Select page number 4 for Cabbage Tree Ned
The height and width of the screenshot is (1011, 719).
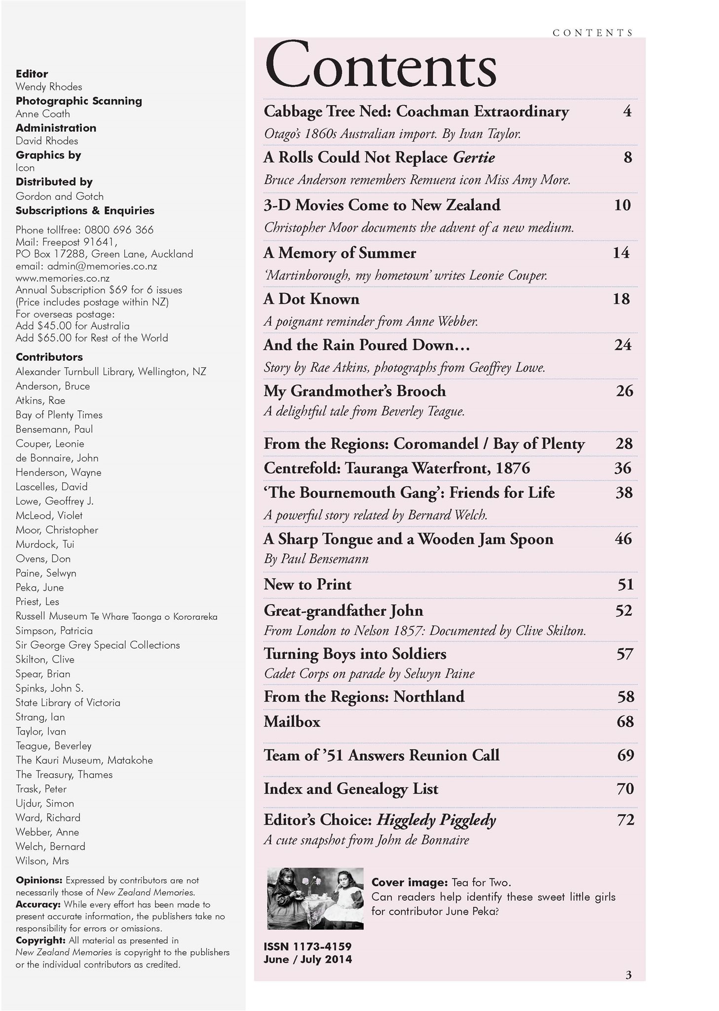(x=627, y=112)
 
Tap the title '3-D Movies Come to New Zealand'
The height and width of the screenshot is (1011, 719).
(x=382, y=205)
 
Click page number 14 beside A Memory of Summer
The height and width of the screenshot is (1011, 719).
(x=621, y=253)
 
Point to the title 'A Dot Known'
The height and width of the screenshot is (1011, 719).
(x=311, y=299)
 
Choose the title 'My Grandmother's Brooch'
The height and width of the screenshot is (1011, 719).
(x=354, y=391)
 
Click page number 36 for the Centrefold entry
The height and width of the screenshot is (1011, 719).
(x=623, y=467)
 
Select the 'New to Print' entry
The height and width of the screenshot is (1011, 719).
(x=307, y=584)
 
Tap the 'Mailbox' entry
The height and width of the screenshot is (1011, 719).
(x=292, y=722)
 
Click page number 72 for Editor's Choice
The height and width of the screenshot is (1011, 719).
(x=625, y=820)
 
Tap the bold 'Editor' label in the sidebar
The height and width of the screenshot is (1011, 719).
(x=32, y=74)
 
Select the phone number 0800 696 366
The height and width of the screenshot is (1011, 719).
(x=119, y=230)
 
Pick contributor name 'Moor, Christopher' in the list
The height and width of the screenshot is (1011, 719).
(x=57, y=530)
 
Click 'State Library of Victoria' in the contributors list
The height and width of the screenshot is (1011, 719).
(x=68, y=702)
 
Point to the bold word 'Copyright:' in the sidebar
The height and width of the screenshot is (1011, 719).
(x=40, y=940)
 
